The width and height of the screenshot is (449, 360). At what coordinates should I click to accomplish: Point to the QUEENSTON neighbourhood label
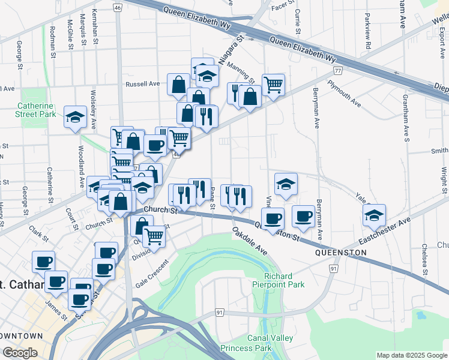(x=340, y=253)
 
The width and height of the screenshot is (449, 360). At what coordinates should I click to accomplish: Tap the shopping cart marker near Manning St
(x=273, y=85)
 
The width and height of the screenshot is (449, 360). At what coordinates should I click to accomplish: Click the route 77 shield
(x=339, y=71)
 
